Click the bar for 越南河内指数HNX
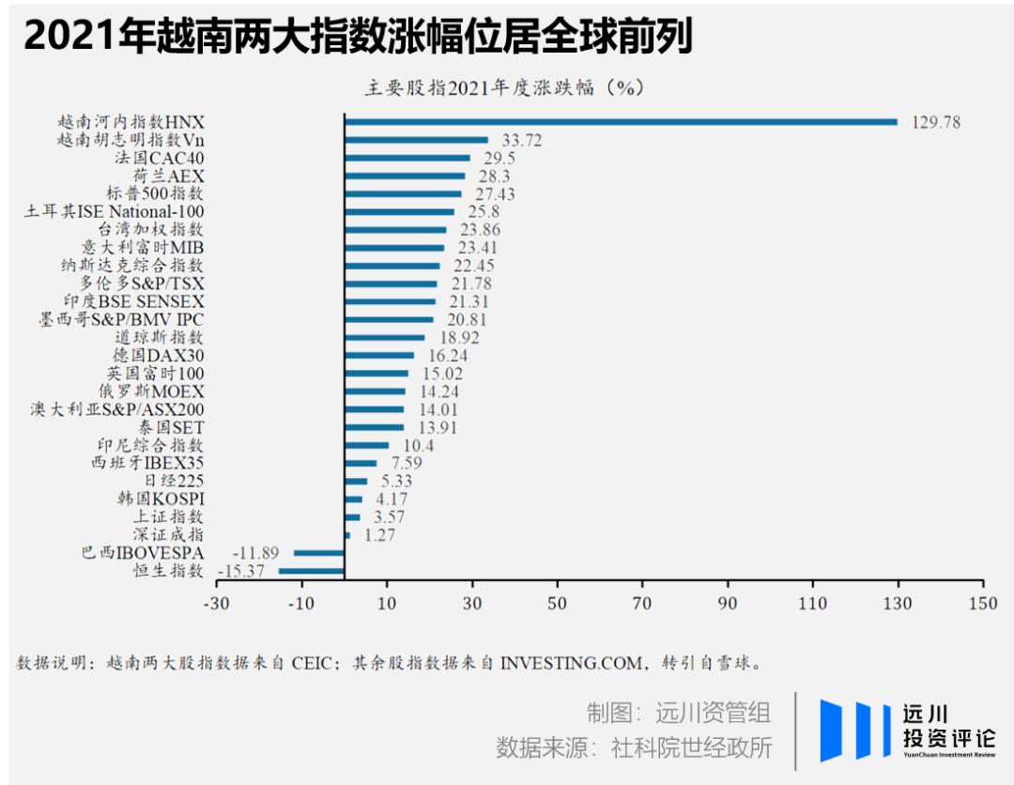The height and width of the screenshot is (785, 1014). (x=622, y=121)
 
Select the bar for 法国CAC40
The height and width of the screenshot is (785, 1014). (x=407, y=158)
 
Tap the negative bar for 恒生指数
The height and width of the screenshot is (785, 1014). (x=312, y=571)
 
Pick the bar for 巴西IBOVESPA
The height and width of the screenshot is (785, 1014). (x=319, y=553)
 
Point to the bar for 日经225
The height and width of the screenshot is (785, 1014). (x=357, y=481)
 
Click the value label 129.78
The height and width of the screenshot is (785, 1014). (x=936, y=122)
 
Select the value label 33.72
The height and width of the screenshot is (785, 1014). (x=522, y=140)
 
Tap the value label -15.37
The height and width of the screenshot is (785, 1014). (x=241, y=571)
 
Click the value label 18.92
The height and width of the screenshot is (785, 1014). (x=459, y=337)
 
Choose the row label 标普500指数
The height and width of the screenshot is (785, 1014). (x=155, y=193)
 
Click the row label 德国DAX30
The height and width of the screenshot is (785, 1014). (x=159, y=355)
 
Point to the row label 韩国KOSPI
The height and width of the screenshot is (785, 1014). (x=161, y=499)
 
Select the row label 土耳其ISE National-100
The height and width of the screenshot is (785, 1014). (x=114, y=211)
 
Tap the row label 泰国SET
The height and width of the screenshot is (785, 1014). (x=171, y=427)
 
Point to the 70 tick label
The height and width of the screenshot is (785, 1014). (x=641, y=603)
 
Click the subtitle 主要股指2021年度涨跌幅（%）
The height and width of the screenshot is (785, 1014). (x=504, y=87)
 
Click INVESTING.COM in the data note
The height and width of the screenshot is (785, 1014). (x=572, y=663)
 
